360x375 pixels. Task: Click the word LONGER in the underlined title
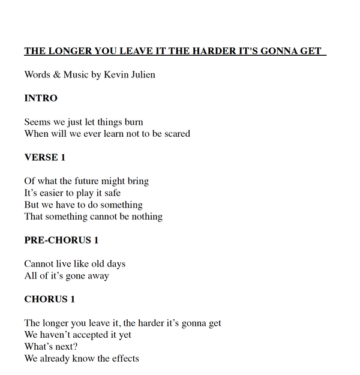(68, 51)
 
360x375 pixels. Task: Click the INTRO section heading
(41, 98)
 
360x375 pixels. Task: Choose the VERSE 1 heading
(45, 157)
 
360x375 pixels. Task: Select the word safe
(110, 193)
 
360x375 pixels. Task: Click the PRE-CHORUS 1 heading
(61, 240)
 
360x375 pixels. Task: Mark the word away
(97, 275)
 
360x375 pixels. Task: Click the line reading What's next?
(51, 346)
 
